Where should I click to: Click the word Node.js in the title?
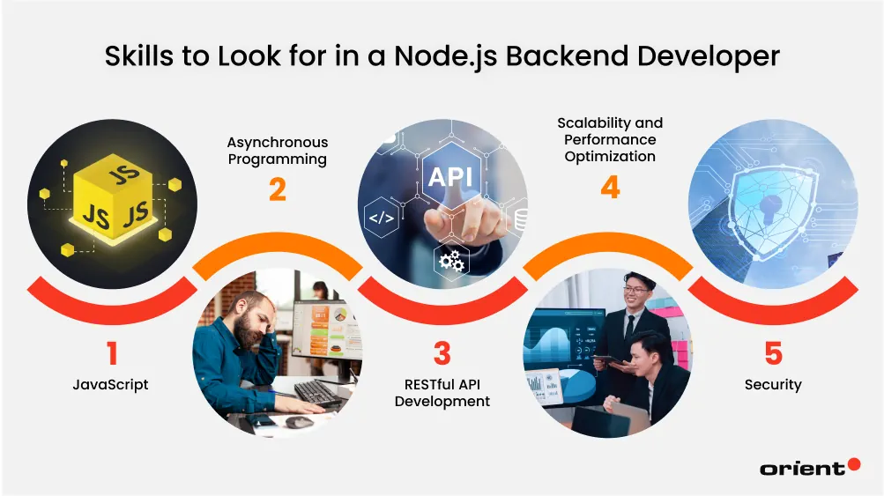pyautogui.click(x=438, y=56)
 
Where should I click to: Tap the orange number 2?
pyautogui.click(x=277, y=189)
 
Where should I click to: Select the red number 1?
pyautogui.click(x=112, y=354)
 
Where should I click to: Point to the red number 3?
pyautogui.click(x=442, y=354)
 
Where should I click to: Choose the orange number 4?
pyautogui.click(x=609, y=188)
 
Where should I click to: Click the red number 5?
pyautogui.click(x=773, y=354)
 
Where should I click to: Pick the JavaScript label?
pyautogui.click(x=111, y=385)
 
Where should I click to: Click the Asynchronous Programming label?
pyautogui.click(x=277, y=151)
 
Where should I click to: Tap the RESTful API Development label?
pyautogui.click(x=442, y=393)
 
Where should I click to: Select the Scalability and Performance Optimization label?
pyautogui.click(x=609, y=139)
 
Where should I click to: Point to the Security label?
pyautogui.click(x=773, y=385)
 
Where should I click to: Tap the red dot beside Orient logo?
pyautogui.click(x=853, y=464)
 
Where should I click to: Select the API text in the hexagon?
pyautogui.click(x=449, y=176)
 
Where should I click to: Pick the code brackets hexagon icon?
pyautogui.click(x=380, y=217)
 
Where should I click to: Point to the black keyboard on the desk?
pyautogui.click(x=318, y=393)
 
